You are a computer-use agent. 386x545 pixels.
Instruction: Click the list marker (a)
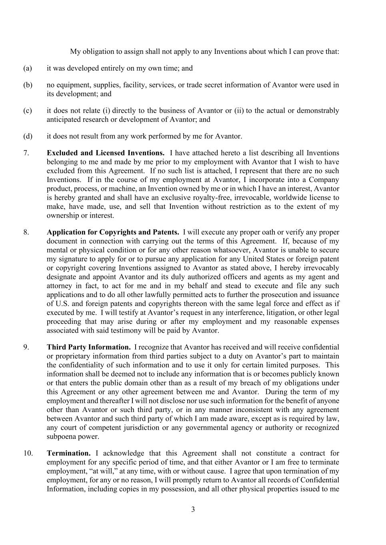coord(28,68)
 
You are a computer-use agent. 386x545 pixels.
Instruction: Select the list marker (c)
coord(28,111)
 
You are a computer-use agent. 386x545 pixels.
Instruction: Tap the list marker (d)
coord(28,136)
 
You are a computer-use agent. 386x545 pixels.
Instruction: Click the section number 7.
coord(26,153)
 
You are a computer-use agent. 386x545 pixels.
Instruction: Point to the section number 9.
coord(26,347)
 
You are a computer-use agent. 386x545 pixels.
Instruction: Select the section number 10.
coord(28,453)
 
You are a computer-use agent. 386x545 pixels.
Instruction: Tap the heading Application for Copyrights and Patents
coord(113,232)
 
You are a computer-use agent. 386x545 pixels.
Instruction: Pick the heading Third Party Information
coord(89,347)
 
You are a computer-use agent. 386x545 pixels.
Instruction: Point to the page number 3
coord(193,509)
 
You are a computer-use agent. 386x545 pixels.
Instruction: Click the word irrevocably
coord(319,268)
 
